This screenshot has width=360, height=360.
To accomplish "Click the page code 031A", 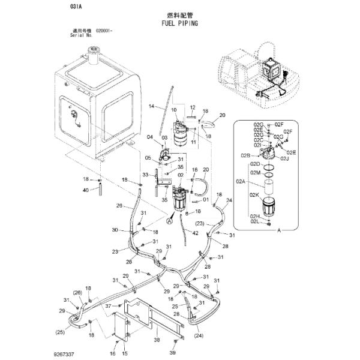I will click(76, 7).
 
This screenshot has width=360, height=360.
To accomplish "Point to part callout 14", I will click(152, 106).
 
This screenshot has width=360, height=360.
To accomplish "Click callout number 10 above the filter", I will click(175, 110).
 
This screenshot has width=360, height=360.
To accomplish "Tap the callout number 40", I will click(86, 190).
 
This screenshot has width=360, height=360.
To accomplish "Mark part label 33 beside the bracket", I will click(145, 175).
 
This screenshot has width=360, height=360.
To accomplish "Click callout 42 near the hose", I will click(196, 232).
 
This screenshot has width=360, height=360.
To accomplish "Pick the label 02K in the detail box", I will click(255, 196).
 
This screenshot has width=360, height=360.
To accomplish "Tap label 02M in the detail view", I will click(254, 173).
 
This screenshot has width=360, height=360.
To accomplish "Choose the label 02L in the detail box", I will click(255, 223).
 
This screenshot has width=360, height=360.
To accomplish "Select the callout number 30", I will click(114, 230).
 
